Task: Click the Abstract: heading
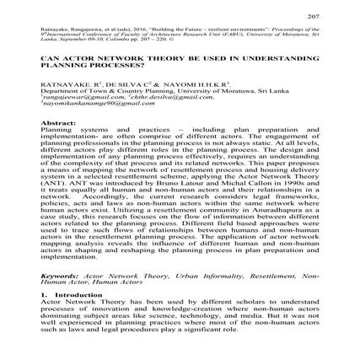pyautogui.click(x=57, y=121)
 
